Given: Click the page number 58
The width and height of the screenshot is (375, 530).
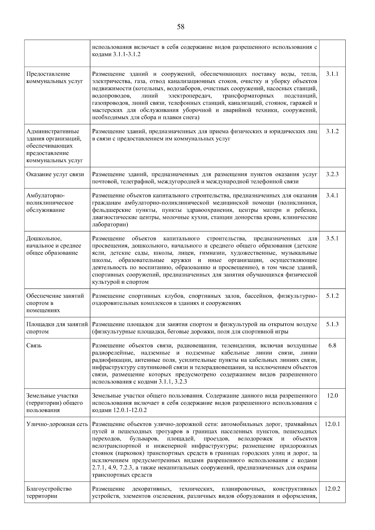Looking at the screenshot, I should pos(181,27).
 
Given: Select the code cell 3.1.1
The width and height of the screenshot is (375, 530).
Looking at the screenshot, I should pos(332,74).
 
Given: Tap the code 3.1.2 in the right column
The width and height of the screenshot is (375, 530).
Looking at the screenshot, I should pos(332,131).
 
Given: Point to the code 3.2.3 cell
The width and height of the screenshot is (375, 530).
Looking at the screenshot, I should pos(332,174).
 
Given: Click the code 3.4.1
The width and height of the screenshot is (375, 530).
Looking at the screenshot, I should pos(332,196).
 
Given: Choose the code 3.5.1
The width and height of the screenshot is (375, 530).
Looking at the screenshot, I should pos(332,239).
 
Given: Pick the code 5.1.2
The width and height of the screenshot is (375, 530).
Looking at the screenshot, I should pos(332,296).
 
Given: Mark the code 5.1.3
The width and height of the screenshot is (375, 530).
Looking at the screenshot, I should pos(332,324).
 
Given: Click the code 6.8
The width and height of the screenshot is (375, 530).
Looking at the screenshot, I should pos(332,346).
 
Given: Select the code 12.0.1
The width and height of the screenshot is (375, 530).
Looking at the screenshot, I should pos(332,424).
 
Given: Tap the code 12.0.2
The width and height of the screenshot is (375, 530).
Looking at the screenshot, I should pos(332,489).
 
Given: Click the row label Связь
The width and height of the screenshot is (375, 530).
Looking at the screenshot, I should pos(34,346).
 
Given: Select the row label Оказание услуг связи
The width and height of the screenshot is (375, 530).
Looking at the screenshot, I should pos(55,174).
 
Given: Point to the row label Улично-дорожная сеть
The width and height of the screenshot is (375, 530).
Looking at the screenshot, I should pos(57,424).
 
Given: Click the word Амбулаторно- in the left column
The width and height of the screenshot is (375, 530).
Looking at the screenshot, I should pos(45,196).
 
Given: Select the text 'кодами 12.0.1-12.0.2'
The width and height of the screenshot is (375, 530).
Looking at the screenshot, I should pos(119,410).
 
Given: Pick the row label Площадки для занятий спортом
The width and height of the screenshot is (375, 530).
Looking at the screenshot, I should pos(56,328).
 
